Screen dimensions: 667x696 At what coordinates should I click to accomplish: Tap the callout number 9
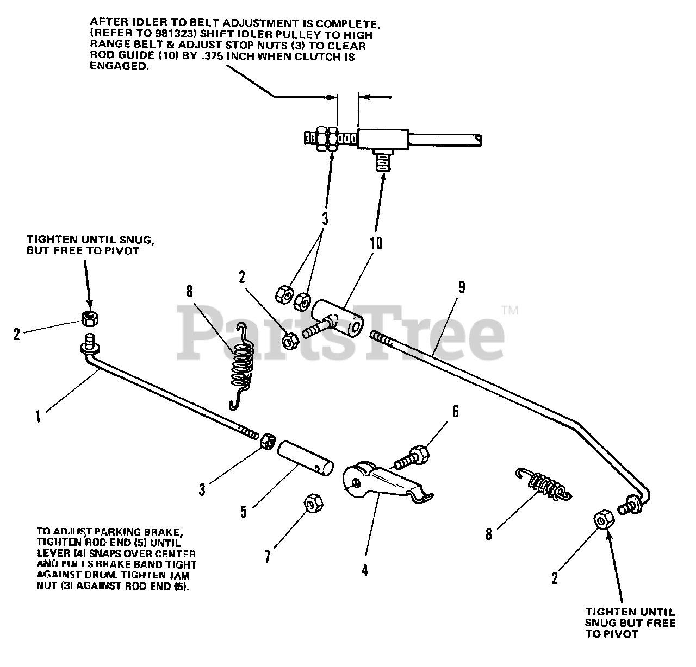tap(461, 287)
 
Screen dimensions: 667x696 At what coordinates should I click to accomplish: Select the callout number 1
tap(38, 417)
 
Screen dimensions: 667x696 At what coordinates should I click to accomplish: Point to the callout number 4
tap(365, 570)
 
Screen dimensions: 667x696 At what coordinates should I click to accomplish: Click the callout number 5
tap(244, 511)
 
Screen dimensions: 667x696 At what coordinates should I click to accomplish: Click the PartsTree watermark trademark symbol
tap(510, 311)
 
